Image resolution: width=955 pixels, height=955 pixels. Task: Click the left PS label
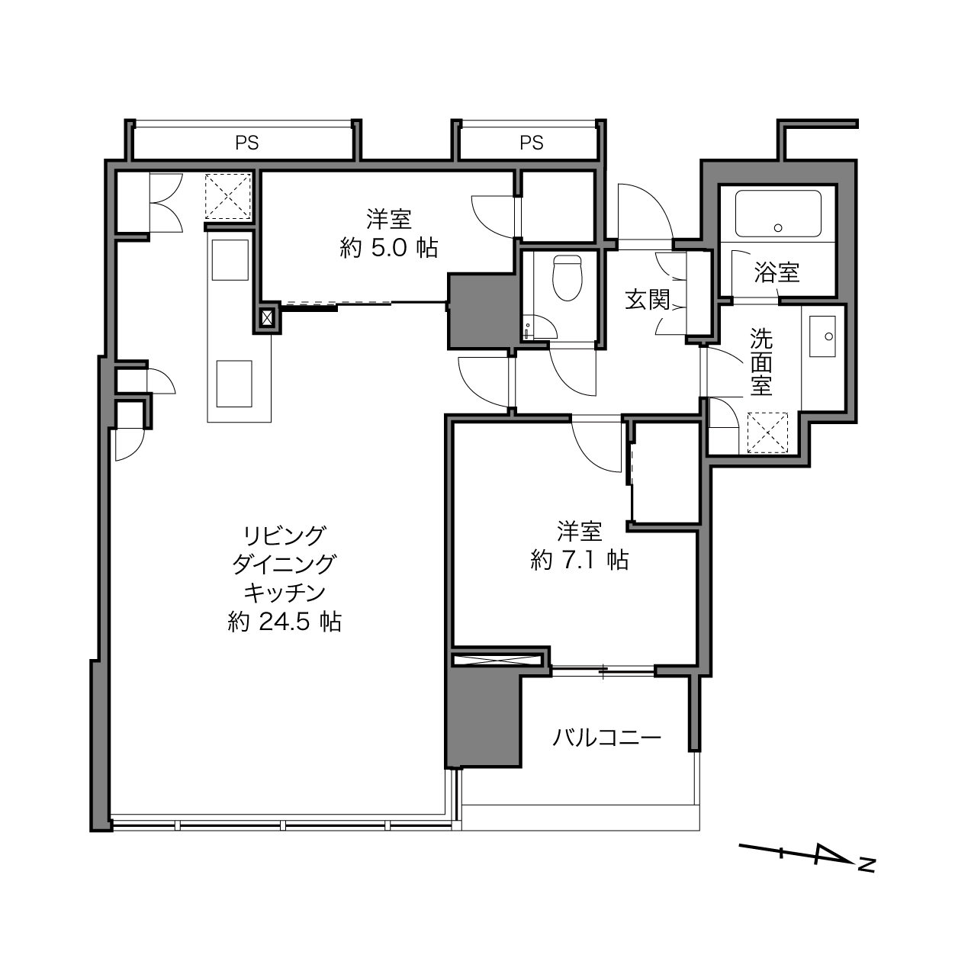point(247,143)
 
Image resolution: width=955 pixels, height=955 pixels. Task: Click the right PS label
point(531,143)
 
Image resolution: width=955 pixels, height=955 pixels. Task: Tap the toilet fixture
point(567,278)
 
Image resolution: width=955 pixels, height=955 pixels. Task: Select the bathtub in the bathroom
point(778,214)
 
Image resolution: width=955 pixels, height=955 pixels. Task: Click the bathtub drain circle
point(778,228)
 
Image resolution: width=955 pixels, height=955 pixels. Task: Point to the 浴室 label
point(777,272)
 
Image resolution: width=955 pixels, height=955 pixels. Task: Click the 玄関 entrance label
point(648,300)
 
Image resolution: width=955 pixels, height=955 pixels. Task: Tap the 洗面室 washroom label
point(760,362)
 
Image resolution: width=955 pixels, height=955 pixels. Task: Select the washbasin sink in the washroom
point(822,336)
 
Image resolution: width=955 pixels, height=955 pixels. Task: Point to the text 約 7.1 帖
point(580,561)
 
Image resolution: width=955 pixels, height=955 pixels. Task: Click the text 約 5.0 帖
point(389,248)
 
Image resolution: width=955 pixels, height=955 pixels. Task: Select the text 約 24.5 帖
point(285,622)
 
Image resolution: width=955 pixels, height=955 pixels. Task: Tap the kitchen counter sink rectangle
point(230,260)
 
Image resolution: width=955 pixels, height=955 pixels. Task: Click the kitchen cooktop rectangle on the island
point(234,384)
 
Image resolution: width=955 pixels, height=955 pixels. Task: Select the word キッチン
point(285,593)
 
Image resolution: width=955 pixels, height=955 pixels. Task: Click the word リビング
point(285,535)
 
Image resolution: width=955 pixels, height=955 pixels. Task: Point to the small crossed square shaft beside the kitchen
point(267,317)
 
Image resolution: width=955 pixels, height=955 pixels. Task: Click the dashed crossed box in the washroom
point(767,432)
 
